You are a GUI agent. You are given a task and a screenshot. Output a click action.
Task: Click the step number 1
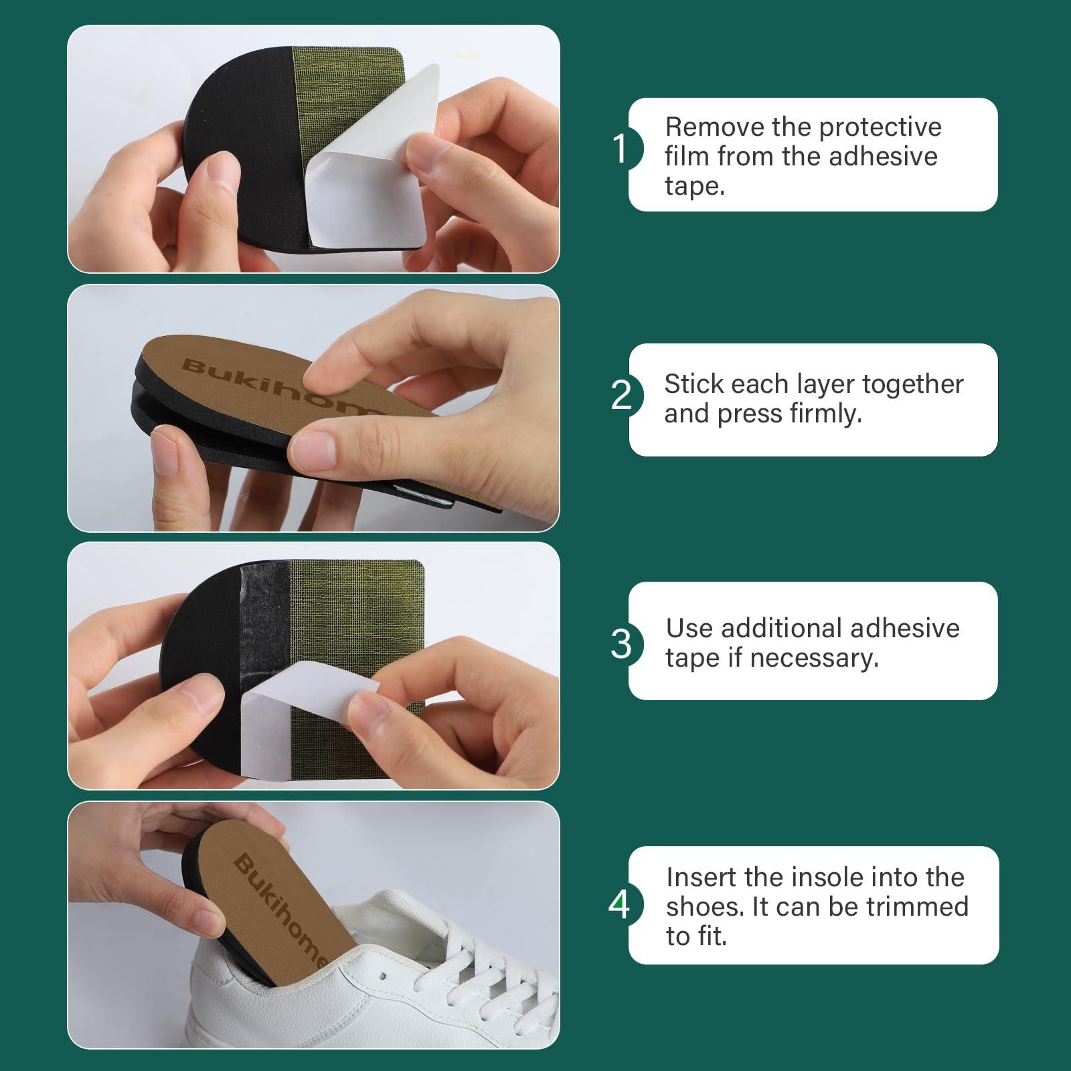pos(621,149)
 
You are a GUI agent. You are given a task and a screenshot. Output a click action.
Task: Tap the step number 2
pos(621,395)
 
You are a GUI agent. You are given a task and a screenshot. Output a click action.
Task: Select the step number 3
pos(621,644)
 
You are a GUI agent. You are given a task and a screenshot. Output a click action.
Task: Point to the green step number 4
pos(619,905)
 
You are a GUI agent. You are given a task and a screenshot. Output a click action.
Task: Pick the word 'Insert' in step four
pos(699,877)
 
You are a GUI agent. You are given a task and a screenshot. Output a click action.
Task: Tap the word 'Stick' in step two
pos(693,384)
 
